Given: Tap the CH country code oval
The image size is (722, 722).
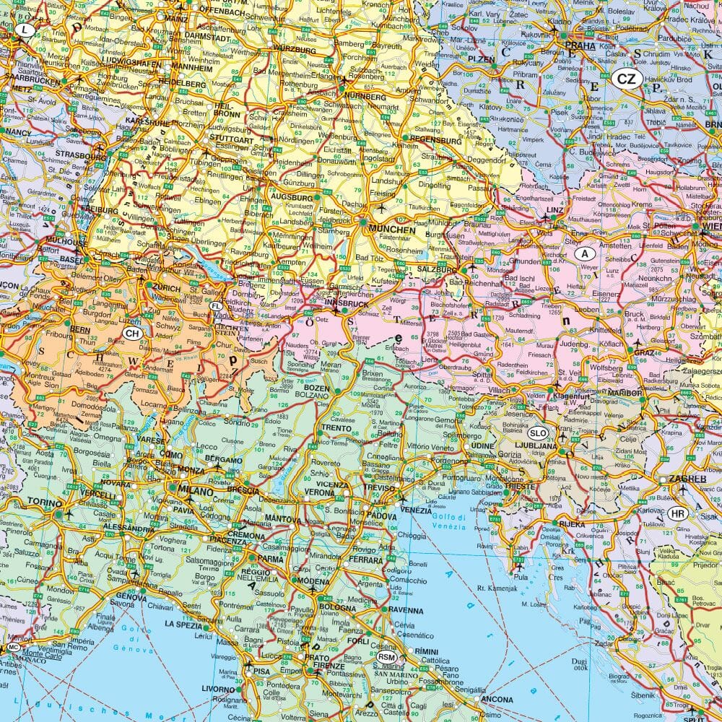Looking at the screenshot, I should pyautogui.click(x=132, y=333).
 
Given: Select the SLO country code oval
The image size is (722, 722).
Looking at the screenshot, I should pyautogui.click(x=538, y=433).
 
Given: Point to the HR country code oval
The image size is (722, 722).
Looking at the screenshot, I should pyautogui.click(x=677, y=513).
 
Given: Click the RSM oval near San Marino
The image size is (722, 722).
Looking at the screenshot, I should pyautogui.click(x=386, y=657).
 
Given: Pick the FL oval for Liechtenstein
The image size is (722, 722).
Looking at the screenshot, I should pyautogui.click(x=216, y=306).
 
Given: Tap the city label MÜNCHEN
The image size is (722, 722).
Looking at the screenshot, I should pyautogui.click(x=392, y=230).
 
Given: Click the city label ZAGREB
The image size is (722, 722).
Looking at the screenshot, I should pyautogui.click(x=687, y=479).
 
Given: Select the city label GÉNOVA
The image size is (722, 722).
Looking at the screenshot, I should pyautogui.click(x=131, y=597).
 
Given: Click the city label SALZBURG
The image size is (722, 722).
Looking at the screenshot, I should pyautogui.click(x=438, y=269).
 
